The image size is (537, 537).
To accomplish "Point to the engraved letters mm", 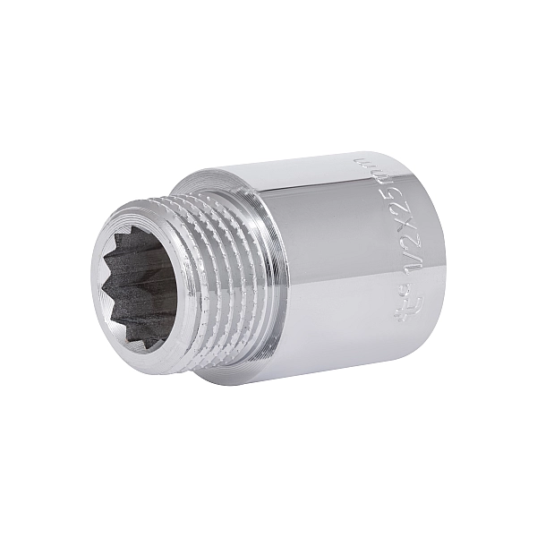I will (x=362, y=172).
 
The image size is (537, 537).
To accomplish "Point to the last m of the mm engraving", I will (x=361, y=164).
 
